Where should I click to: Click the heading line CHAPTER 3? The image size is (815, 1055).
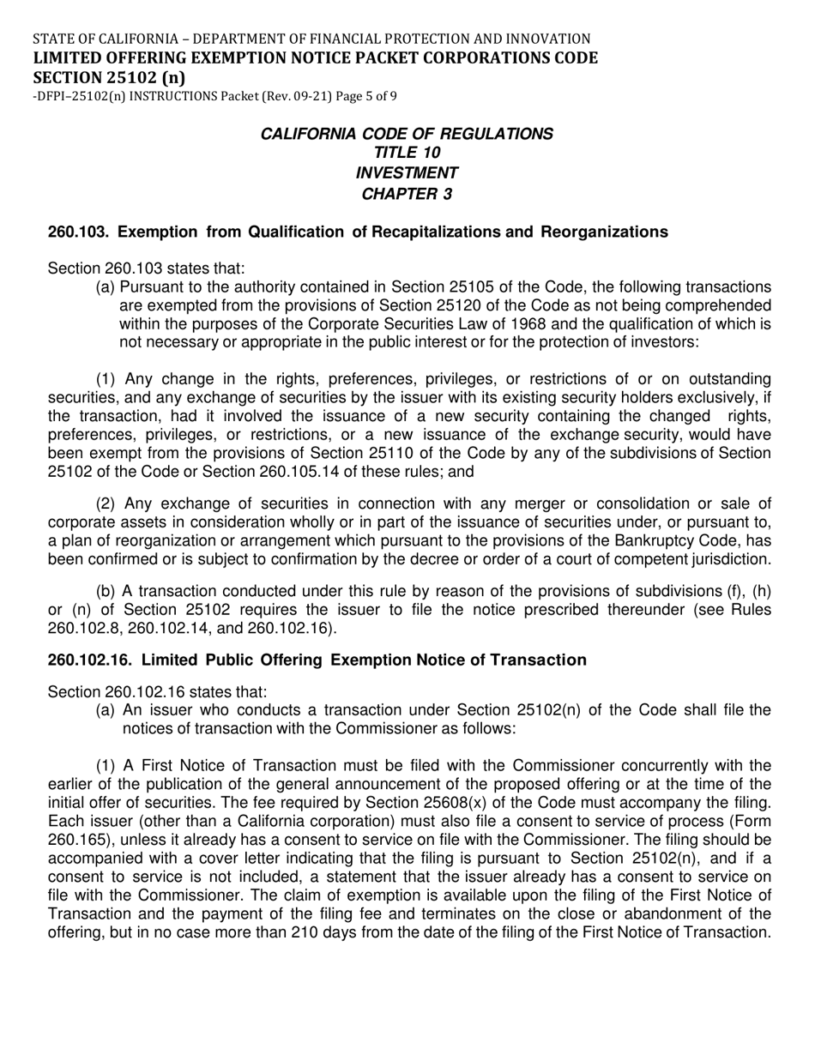pyautogui.click(x=407, y=194)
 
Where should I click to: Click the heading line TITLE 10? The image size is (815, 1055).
pyautogui.click(x=407, y=153)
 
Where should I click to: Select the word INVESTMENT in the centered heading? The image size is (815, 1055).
pyautogui.click(x=407, y=173)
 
